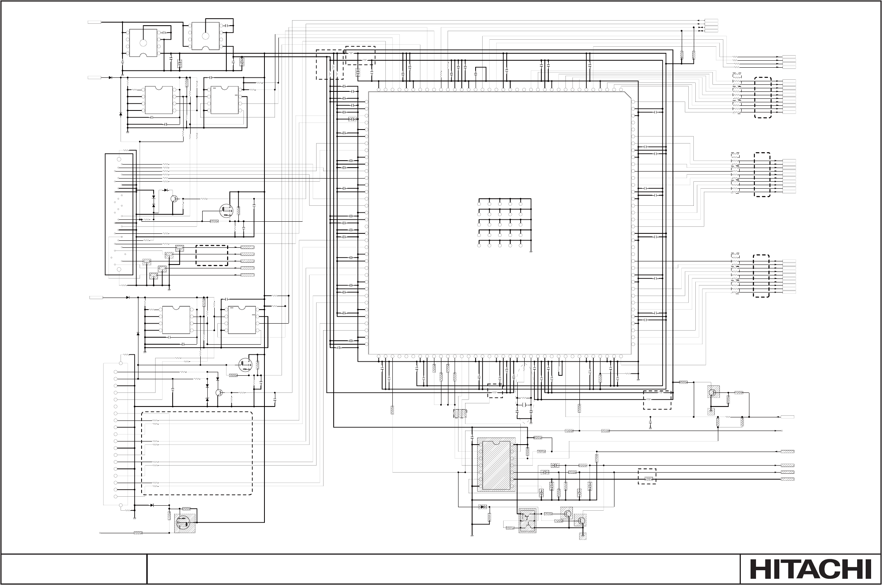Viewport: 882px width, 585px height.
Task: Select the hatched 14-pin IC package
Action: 496,466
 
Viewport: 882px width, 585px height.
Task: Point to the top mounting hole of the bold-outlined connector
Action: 119,159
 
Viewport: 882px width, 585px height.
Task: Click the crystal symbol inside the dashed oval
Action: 524,405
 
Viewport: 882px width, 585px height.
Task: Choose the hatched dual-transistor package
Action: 528,520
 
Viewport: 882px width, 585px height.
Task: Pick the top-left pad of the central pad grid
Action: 479,203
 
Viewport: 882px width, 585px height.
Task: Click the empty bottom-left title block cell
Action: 74,569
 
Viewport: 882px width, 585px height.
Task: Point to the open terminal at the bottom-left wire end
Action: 100,532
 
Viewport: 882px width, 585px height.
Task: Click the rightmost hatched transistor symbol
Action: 581,521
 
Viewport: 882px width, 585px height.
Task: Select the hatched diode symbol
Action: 483,507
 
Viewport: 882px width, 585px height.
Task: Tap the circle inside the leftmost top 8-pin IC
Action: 143,44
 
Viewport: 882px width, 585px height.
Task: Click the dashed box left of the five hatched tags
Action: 212,256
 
